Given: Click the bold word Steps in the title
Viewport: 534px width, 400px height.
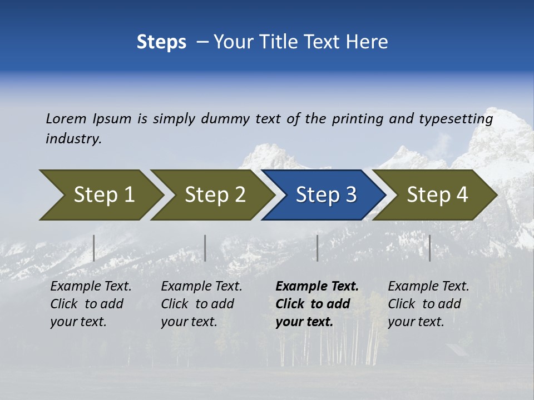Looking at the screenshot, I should pos(161,42).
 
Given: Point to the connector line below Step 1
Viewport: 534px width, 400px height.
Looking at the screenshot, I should pos(94,248).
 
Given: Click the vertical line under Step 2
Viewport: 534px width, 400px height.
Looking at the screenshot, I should pos(205,248).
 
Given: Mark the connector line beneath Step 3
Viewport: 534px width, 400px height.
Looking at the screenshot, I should pos(318,248).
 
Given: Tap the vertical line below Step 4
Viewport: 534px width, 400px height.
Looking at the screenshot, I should pos(429,248).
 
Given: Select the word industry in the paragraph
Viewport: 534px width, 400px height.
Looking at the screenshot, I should pos(73,139).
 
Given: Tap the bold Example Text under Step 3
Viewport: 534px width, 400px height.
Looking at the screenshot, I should pos(317,287).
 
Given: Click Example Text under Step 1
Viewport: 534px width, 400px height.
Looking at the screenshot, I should pos(91,287).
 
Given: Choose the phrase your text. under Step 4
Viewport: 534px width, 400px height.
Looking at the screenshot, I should pos(416,322).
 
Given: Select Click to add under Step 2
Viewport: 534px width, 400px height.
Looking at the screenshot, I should pos(197,304).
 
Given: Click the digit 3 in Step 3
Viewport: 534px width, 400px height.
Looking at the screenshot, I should pos(350,195).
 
